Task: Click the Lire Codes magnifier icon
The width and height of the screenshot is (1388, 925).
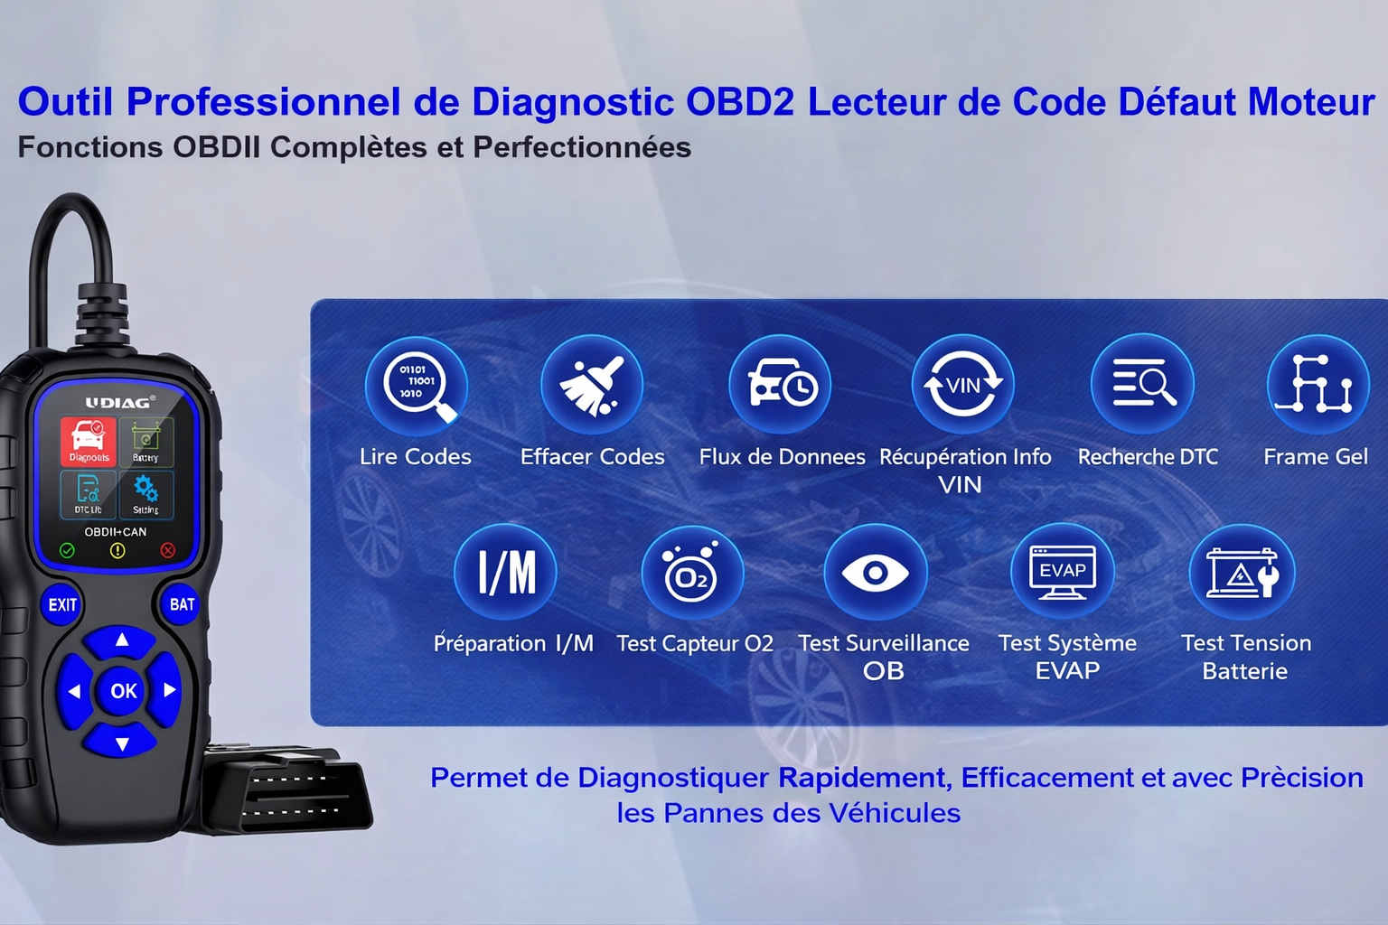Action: [x=417, y=386]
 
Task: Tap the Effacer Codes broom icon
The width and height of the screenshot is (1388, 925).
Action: [x=592, y=386]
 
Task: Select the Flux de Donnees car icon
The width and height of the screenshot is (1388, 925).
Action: [x=780, y=386]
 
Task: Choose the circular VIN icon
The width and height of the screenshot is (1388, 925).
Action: [x=962, y=386]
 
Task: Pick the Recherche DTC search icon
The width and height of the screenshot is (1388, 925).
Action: [x=1142, y=385]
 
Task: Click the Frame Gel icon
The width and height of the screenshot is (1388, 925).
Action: [x=1318, y=386]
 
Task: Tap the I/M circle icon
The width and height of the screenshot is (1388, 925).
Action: [x=506, y=573]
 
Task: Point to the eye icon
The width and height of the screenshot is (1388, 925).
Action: [x=876, y=573]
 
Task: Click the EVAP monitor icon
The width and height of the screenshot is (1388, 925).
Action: [x=1063, y=573]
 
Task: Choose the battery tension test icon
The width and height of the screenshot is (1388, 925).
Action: [x=1243, y=574]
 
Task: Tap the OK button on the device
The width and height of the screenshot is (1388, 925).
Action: [x=123, y=691]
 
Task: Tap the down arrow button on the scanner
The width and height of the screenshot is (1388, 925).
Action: [x=122, y=743]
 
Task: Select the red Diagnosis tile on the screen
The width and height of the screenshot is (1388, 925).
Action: [x=89, y=441]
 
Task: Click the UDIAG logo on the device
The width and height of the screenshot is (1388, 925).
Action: [x=119, y=402]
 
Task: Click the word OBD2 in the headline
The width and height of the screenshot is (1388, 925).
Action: [x=740, y=102]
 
